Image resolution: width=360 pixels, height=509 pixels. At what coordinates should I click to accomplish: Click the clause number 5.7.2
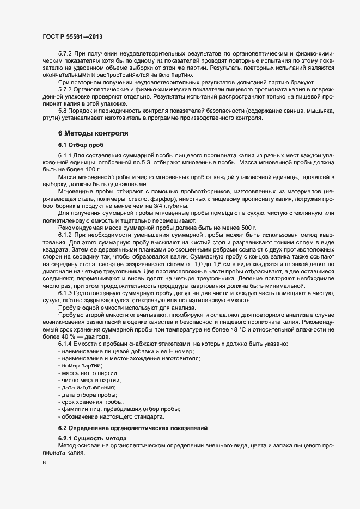pos(65,56)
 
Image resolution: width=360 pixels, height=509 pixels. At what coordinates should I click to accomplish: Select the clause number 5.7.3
pos(65,89)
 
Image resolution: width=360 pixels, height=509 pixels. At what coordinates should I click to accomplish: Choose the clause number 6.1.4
pos(65,346)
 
